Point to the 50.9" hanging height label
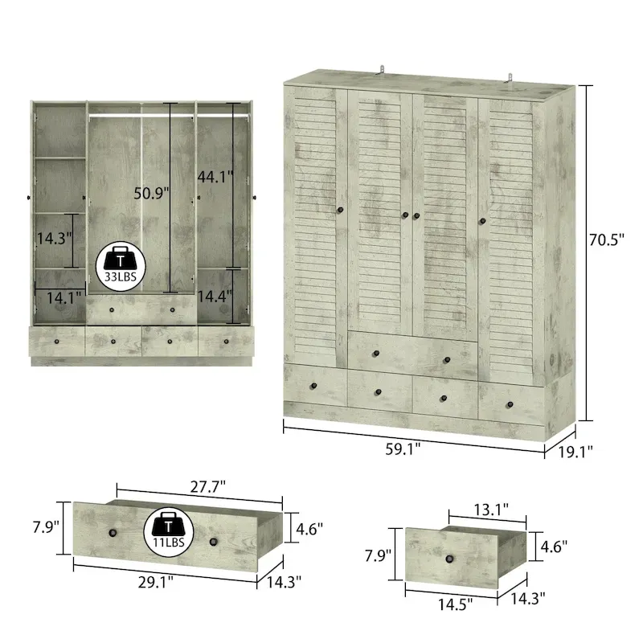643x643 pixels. pyautogui.click(x=153, y=193)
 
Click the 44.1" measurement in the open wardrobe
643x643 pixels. pyautogui.click(x=215, y=171)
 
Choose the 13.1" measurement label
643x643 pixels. pyautogui.click(x=489, y=509)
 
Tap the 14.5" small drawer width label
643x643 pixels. pyautogui.click(x=454, y=600)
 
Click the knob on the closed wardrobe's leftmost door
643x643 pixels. pyautogui.click(x=340, y=211)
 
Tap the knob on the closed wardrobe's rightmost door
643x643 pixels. pyautogui.click(x=484, y=220)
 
